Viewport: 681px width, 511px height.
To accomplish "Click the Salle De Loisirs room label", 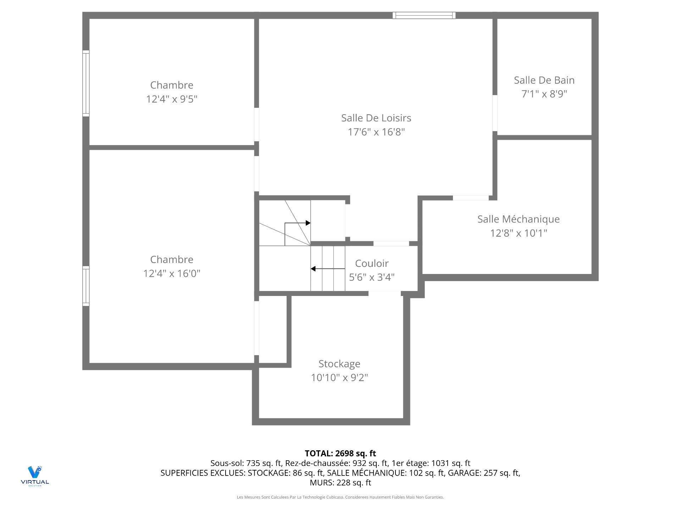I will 376,118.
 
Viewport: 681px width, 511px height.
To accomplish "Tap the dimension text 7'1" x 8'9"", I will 544,94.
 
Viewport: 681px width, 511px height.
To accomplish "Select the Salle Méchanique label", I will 518,219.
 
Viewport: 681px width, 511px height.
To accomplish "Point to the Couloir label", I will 372,263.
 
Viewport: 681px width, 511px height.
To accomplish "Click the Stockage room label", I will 339,364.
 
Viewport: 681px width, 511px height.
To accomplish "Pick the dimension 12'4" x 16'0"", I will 172,274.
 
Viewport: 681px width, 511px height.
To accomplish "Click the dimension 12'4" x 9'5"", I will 172,99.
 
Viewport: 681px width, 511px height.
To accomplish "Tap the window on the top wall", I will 424,15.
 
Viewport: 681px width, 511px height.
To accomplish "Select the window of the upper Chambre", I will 86,83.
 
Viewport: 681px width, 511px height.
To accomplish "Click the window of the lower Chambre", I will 86,286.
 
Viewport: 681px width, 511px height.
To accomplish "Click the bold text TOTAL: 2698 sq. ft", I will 340,453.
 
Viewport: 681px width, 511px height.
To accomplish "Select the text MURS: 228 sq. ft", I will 340,483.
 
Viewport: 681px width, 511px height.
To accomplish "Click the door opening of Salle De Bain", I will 495,113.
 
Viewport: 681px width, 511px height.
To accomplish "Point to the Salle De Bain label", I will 544,80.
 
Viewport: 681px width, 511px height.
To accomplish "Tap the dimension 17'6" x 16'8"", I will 376,132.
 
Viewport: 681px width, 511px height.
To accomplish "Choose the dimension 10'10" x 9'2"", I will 339,378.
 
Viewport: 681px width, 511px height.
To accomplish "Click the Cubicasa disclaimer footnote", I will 340,497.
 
